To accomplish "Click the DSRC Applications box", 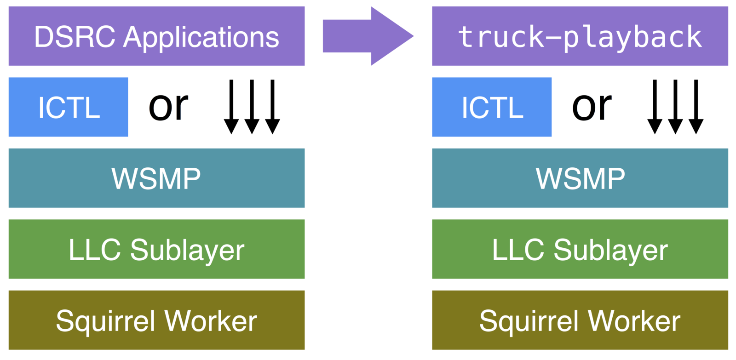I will (x=156, y=36).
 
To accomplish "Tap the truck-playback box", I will (x=580, y=36).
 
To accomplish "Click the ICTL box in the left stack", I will (x=68, y=107).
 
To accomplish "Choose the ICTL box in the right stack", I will (x=491, y=107).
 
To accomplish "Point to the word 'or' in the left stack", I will (x=168, y=107).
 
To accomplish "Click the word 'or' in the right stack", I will (x=592, y=107).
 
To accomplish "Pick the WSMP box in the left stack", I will (x=156, y=178).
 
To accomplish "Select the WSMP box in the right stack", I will (x=580, y=178).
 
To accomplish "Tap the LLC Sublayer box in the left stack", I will (x=156, y=249).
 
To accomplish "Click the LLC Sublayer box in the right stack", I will (x=580, y=249).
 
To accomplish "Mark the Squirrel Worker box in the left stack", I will (x=156, y=320).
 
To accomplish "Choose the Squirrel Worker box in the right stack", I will (x=580, y=320).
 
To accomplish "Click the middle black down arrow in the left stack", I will (x=252, y=107).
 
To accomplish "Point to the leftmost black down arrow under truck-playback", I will (x=655, y=107).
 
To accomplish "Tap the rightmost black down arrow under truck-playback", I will (x=696, y=107).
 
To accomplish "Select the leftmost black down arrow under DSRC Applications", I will (x=231, y=107).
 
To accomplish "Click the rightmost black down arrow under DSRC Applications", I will (x=272, y=107).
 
